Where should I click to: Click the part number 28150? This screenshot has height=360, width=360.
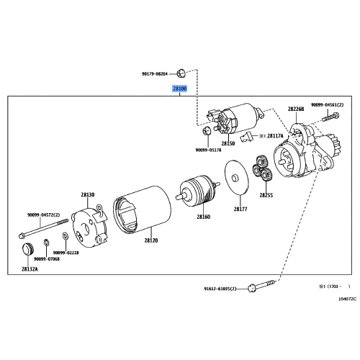(x=228, y=144)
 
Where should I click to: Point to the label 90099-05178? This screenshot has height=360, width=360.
(x=208, y=150)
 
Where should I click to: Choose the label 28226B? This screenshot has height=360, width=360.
(x=296, y=109)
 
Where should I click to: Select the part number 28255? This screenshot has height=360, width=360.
(x=266, y=195)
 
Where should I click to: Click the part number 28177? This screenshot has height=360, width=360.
(x=240, y=209)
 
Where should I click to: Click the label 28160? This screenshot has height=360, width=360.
(x=204, y=217)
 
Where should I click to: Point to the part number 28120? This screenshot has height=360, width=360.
(x=151, y=240)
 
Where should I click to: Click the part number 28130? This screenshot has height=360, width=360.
(x=87, y=194)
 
